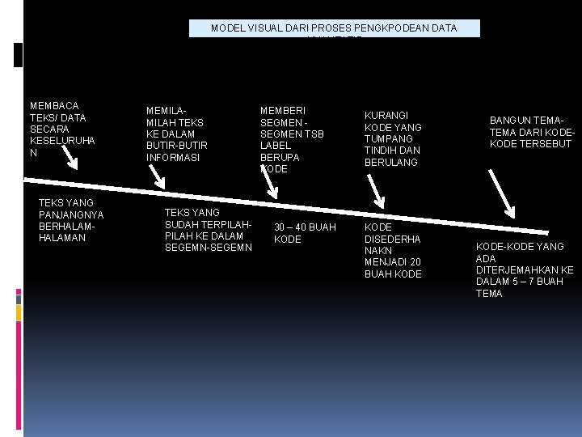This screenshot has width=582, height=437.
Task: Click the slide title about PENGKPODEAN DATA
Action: point(333,28)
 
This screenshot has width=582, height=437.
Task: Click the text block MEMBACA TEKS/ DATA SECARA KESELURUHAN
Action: point(62,129)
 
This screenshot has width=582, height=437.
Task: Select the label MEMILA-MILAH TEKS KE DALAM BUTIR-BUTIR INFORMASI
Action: point(176,134)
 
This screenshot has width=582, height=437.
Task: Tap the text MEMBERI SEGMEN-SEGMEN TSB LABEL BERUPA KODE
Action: point(291,139)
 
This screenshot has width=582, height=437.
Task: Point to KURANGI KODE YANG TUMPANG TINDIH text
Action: point(393,139)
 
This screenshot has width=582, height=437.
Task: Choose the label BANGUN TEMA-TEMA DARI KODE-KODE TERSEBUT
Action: point(530,132)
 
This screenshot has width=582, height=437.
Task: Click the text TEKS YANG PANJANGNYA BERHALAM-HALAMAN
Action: point(71,220)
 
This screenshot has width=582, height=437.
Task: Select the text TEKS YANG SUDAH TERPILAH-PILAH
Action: point(209,230)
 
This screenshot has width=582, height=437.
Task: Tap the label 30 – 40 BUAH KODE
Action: point(305,233)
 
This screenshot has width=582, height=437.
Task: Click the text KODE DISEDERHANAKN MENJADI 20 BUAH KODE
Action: point(393,251)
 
